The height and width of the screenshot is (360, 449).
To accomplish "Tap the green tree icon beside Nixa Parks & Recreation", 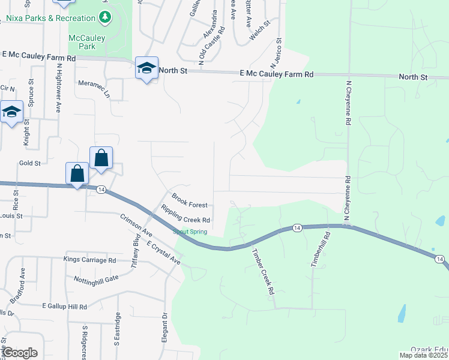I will [106, 16].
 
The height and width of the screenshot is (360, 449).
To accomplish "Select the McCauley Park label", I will [87, 41].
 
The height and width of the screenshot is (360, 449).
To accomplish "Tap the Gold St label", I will [30, 163].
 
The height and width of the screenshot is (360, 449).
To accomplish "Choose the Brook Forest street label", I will [189, 200].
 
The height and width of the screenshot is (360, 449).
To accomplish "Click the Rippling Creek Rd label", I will [185, 215].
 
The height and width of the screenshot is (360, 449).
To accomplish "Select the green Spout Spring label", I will [190, 232].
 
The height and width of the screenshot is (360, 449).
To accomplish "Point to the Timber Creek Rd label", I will [262, 271].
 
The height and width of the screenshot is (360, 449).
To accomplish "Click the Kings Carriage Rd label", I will [90, 260].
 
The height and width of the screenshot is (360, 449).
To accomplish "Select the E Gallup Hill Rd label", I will [64, 306].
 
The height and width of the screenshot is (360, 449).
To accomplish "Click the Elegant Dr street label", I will [164, 326].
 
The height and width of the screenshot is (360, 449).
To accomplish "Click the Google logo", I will [20, 353].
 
